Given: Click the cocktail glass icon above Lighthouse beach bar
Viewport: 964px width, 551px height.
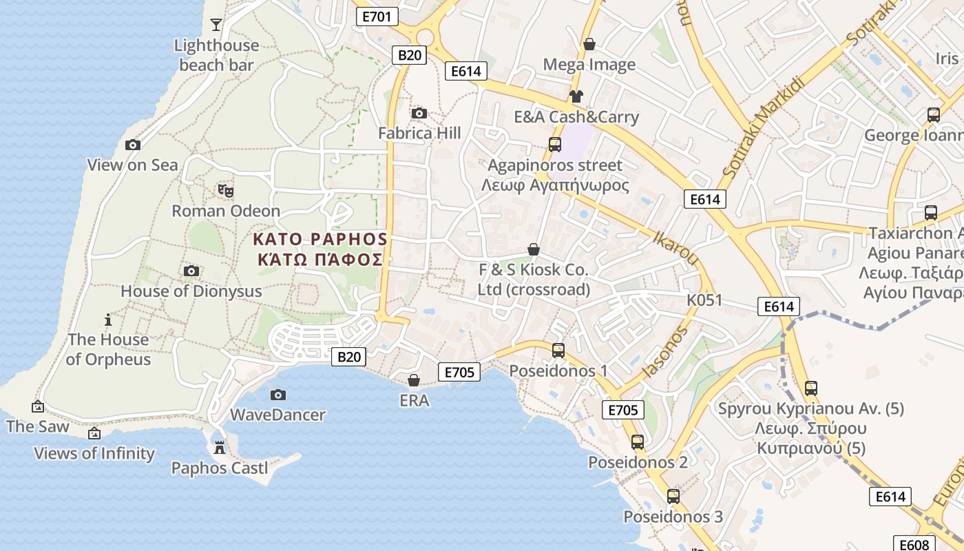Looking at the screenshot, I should pos(216,25).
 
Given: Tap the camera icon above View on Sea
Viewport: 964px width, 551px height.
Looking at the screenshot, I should pos(133,145).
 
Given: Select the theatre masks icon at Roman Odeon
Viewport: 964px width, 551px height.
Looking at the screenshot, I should pos(225,190).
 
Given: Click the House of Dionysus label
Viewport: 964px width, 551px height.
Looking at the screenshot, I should pos(191,291).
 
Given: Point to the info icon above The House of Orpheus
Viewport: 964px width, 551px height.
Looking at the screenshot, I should pos(107,320).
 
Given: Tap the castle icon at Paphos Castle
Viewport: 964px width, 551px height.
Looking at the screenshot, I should pos(220,448).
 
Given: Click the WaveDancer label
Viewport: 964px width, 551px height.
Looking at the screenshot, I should pos(277,415).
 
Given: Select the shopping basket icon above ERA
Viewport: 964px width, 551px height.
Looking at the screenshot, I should pos(414,380).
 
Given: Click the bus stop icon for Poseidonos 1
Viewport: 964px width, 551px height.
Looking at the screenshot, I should pos(558,351).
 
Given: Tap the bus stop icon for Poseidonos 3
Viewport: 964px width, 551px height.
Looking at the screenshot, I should pos(673,496).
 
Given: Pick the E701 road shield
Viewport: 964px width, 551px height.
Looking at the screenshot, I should pos(377,17).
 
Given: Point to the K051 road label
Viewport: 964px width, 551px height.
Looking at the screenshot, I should pos(704,300).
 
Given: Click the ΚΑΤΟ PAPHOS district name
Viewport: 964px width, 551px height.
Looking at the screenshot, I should pos(320,240).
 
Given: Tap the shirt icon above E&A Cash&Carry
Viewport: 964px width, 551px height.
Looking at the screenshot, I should pos(576,96).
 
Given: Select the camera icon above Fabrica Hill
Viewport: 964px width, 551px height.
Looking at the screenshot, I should pos(419,113).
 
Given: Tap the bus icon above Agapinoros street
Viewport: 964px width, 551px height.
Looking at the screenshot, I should pos(554,145).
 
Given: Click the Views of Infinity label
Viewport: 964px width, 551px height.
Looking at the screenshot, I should pos(95,453).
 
